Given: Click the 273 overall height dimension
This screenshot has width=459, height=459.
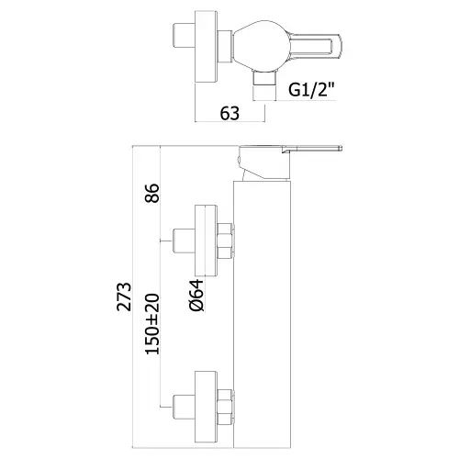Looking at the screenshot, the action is [x=124, y=297].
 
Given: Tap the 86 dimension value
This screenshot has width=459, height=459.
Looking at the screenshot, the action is [x=152, y=193].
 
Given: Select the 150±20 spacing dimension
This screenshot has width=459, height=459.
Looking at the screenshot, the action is [x=152, y=324].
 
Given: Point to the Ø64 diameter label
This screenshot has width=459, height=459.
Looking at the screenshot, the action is [x=196, y=296].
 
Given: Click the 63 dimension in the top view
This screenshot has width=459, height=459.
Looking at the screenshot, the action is [x=229, y=114].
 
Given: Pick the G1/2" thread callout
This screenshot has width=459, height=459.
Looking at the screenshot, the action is [x=311, y=90].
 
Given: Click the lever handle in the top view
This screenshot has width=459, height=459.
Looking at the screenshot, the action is [x=315, y=47].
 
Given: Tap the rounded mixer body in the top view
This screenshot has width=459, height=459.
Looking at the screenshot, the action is [x=261, y=47].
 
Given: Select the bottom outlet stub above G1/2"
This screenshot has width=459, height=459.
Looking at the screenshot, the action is [x=263, y=78].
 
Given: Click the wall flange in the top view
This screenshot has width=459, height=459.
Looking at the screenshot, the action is [x=207, y=47].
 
